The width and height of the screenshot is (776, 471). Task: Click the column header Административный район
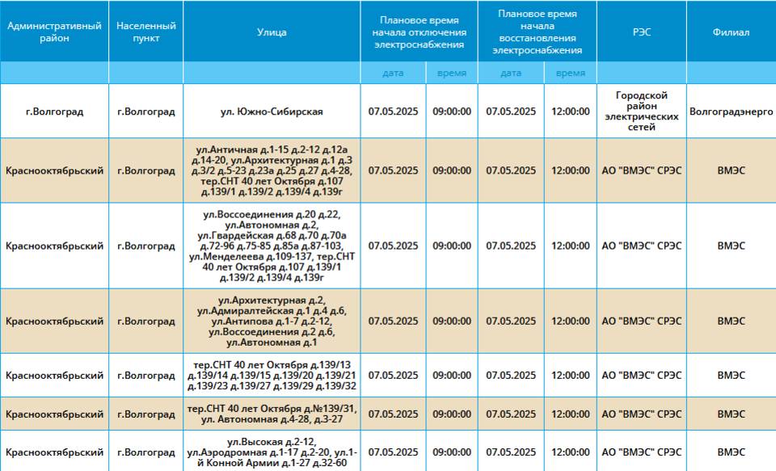point(54,32)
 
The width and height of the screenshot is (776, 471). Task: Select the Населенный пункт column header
point(146,32)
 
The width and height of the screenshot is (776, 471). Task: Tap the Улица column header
point(272,32)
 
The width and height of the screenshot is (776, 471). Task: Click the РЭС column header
point(641,32)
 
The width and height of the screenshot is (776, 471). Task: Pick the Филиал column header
point(731,32)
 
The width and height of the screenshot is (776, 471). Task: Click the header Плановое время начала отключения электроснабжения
point(420,32)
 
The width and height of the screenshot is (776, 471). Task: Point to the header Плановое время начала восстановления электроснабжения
point(537,32)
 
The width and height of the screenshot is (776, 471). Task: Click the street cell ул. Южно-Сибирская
point(272,111)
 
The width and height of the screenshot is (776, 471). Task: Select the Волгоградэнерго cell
point(731,111)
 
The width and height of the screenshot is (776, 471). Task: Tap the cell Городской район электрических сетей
point(641,111)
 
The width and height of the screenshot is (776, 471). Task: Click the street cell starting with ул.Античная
point(272,170)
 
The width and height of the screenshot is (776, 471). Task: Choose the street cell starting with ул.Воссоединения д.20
point(272,246)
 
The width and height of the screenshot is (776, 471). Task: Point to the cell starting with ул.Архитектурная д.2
point(272,321)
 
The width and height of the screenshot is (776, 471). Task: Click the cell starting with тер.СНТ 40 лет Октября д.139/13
point(272,376)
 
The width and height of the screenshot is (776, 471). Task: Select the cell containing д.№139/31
point(272,414)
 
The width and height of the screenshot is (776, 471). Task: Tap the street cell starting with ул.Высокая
point(272,452)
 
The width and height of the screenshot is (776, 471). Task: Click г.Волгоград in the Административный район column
point(54,111)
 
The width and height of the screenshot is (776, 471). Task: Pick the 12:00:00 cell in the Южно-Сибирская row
point(571,111)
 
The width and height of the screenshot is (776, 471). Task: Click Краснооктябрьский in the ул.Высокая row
point(54,452)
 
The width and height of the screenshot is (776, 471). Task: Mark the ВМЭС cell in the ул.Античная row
point(731,170)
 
